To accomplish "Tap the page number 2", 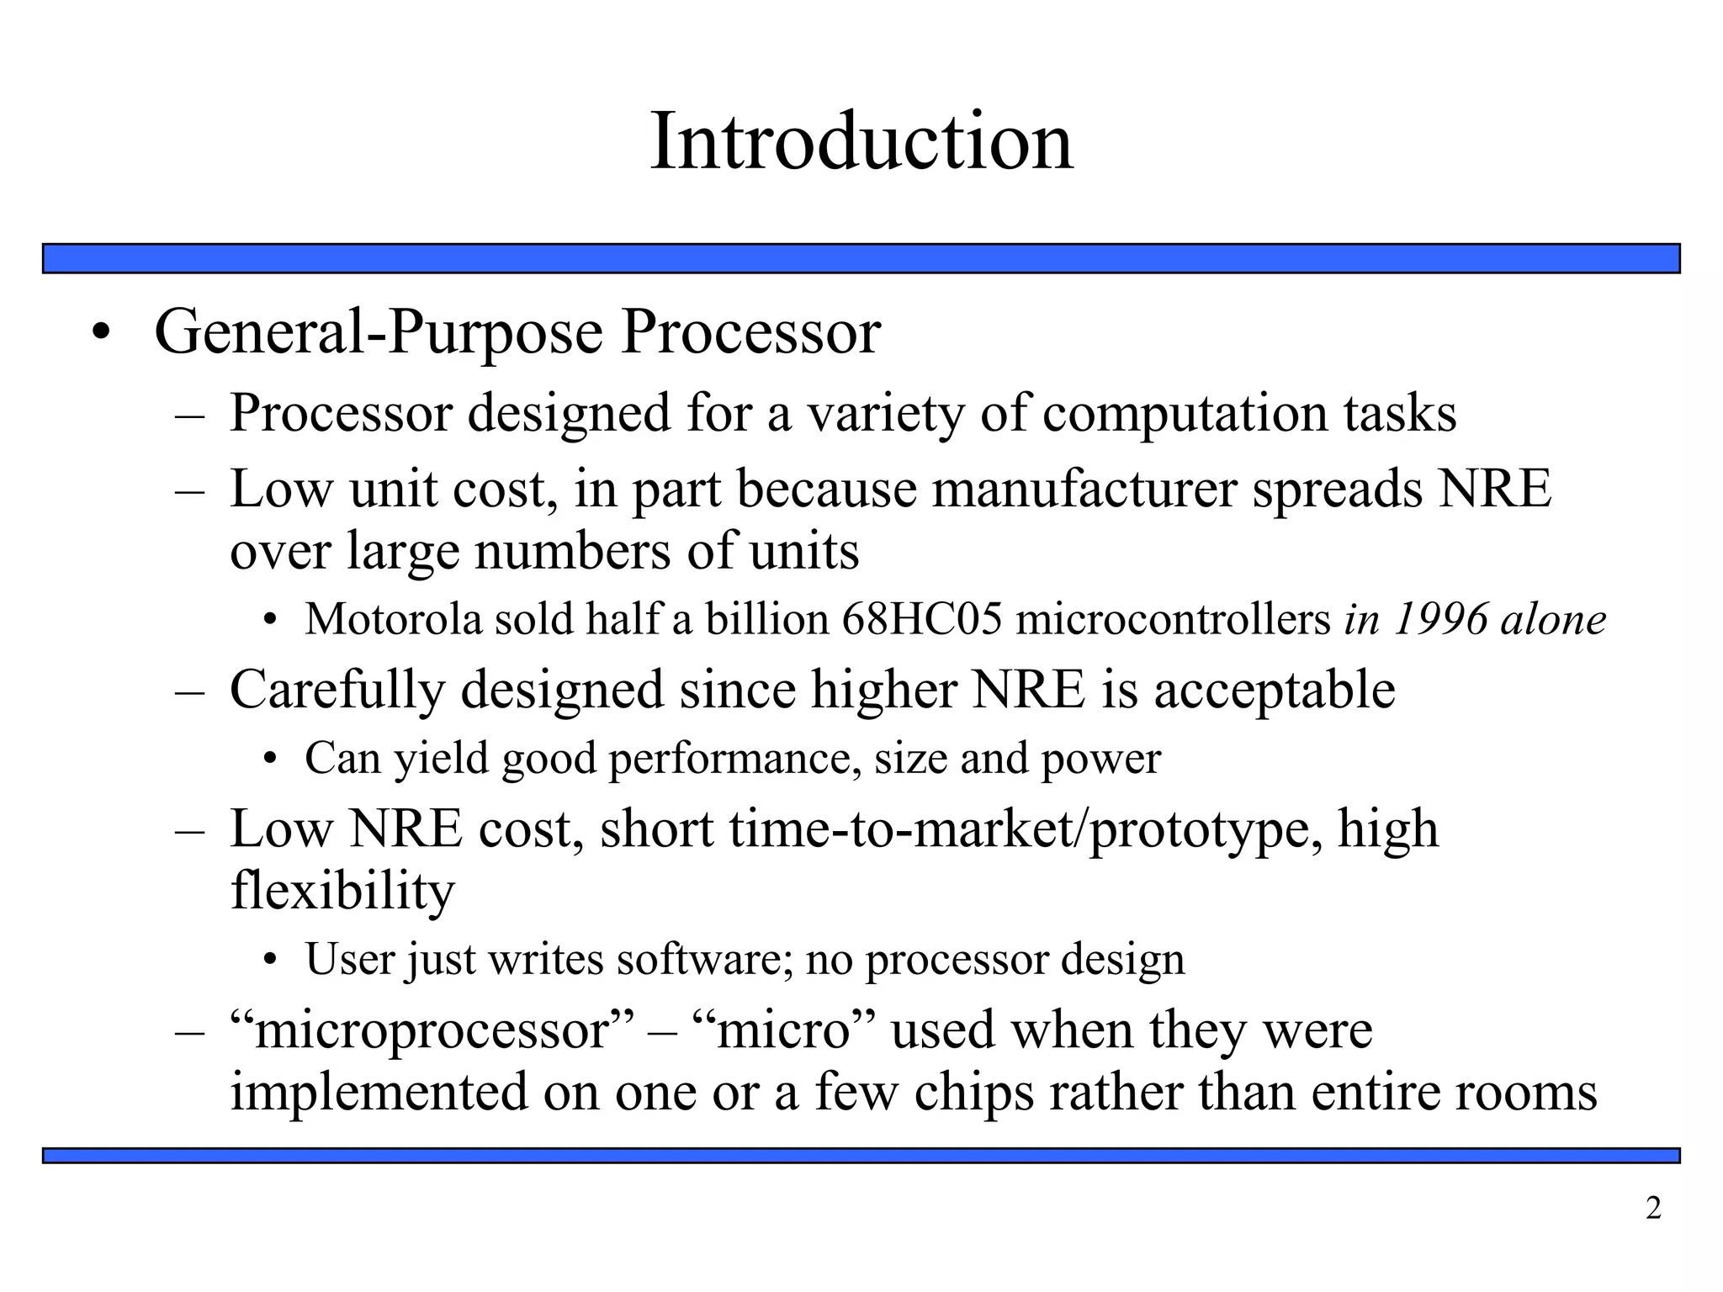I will [x=1653, y=1209].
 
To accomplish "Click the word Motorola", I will [x=393, y=619].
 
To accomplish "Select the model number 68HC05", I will [x=922, y=619].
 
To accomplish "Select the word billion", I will [x=766, y=619].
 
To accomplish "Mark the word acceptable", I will [x=1273, y=691].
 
